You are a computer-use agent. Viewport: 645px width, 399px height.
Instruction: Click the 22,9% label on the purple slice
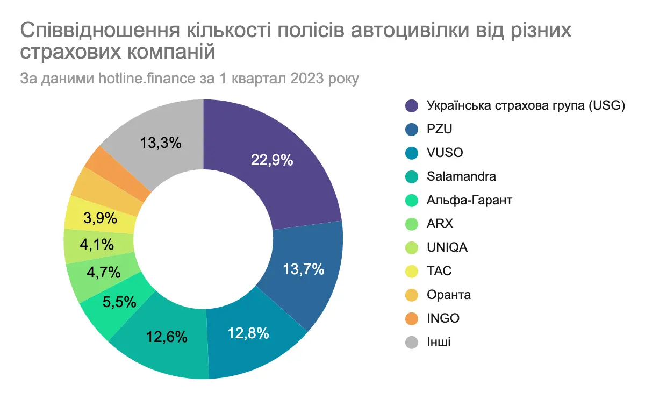tap(271, 160)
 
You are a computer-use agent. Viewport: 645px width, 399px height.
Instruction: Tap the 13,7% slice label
tap(303, 268)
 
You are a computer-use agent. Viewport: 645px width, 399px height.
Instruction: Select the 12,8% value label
tap(248, 333)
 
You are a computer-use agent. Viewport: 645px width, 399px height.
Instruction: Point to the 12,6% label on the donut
tap(167, 337)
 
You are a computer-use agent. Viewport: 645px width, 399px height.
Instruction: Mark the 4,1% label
tap(97, 245)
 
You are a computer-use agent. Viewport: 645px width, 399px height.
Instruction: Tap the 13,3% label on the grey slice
tap(161, 143)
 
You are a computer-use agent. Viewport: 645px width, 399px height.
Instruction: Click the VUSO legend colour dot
tap(412, 153)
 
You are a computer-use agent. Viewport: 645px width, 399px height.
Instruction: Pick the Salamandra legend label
tap(461, 176)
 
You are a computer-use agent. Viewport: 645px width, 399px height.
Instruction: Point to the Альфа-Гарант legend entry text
tap(469, 200)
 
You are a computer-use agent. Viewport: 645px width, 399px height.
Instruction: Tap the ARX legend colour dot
tap(412, 224)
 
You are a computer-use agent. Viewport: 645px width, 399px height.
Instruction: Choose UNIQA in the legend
tap(447, 247)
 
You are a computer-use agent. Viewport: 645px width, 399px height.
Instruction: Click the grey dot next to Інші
tap(412, 341)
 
